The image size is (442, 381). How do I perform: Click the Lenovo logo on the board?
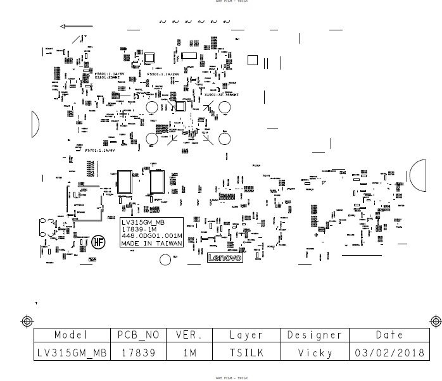225,259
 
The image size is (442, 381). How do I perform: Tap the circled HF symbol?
98,241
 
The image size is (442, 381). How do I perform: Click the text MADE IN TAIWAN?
151,243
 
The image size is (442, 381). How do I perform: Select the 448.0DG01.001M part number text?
151,236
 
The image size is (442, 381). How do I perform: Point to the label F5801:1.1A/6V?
109,74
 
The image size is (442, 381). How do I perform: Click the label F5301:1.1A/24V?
163,74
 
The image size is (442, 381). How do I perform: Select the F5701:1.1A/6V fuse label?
100,151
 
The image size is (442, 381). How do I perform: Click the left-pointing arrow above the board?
76,27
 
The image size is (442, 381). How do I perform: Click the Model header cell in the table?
71,335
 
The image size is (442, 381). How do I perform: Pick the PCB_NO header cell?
138,335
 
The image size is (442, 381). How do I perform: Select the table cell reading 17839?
138,353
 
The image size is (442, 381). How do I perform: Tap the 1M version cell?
189,353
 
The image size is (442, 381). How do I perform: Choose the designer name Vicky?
315,353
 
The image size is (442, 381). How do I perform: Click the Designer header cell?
315,335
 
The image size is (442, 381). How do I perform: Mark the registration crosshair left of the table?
27,321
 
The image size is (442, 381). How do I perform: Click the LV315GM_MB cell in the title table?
71,353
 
